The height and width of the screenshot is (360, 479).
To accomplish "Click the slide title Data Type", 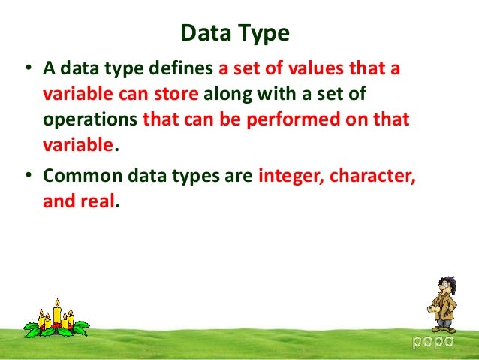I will [236, 34].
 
